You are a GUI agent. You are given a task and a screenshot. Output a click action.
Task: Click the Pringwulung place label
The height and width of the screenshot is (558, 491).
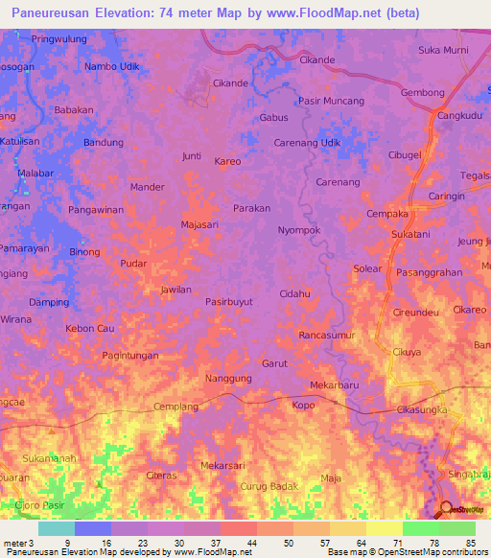click(x=58, y=39)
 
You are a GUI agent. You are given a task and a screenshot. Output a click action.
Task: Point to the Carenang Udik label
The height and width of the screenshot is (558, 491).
click(x=307, y=143)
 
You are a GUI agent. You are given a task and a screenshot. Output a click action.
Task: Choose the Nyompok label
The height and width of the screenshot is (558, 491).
click(x=297, y=231)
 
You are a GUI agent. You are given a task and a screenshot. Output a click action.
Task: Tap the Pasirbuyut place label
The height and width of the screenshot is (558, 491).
click(x=229, y=301)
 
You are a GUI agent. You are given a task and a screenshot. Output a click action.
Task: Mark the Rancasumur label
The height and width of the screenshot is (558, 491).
click(x=327, y=336)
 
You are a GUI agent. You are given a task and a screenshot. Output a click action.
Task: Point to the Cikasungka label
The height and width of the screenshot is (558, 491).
click(x=423, y=410)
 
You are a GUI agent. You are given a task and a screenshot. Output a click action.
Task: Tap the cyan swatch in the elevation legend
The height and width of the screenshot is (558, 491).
click(x=56, y=528)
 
